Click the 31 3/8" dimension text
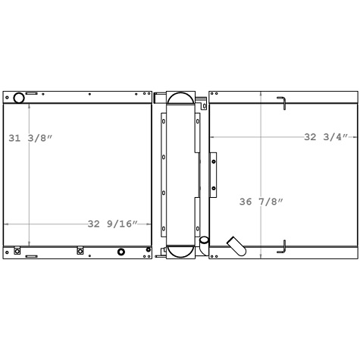tap(31, 138)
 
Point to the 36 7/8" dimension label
tap(261, 202)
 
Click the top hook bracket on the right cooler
tap(281, 103)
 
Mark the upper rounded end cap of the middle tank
tap(180, 99)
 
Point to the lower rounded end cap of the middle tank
tap(180, 252)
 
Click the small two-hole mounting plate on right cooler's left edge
tap(213, 173)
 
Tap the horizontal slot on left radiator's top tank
tap(31, 94)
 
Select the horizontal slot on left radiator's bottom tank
tap(31, 256)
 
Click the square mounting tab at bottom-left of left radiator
tap(17, 251)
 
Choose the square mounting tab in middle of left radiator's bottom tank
tap(80, 251)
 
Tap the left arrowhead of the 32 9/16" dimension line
tap(7, 224)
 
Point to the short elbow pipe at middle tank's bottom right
tap(204, 242)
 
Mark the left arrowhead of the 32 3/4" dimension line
tap(211, 137)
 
